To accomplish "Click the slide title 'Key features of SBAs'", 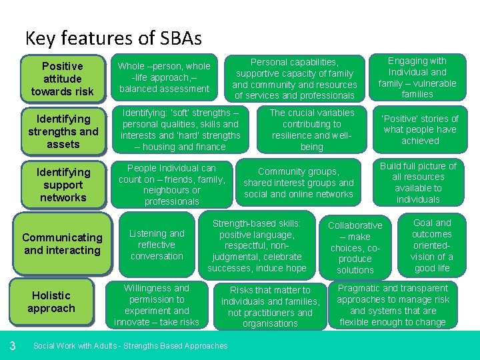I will [113, 38].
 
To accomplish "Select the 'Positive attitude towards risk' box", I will [63, 79].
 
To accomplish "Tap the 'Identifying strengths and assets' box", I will [63, 131].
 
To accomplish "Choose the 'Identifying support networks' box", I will [63, 185].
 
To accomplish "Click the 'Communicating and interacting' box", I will [63, 244].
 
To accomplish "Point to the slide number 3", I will [13, 345].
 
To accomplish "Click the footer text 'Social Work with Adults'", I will [130, 345].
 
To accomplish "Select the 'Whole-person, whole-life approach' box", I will [164, 77].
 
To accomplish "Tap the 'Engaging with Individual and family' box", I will [417, 77].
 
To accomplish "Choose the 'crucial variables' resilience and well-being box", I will [311, 130].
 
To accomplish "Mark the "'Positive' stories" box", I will [419, 130].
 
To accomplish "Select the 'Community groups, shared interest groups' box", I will [298, 183].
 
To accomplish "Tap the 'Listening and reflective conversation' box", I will [157, 245].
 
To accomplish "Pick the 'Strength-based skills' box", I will [257, 245].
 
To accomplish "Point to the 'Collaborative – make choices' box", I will [355, 247].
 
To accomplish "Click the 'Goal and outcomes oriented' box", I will [431, 245].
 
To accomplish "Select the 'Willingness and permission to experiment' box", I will [157, 305].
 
